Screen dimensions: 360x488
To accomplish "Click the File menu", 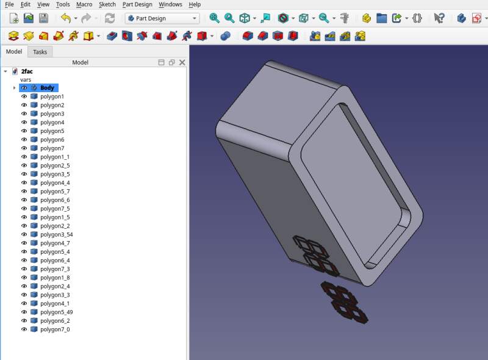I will point(9,4).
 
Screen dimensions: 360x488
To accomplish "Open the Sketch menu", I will point(107,4).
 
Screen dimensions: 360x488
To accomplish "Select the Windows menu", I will point(170,4).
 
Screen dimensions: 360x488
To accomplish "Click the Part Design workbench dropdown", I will point(162,18).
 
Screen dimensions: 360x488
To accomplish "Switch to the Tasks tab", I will point(40,52).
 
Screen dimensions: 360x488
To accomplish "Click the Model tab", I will point(14,52).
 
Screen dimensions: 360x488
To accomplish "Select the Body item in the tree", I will point(47,88).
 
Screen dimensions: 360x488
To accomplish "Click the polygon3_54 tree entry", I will point(56,235).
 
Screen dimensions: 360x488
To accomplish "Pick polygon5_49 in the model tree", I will point(56,312).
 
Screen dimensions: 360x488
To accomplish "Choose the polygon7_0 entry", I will point(55,329).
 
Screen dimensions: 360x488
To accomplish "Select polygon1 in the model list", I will point(52,96).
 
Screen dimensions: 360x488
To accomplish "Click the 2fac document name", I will point(27,71).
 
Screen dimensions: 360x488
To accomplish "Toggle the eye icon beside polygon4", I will point(24,123).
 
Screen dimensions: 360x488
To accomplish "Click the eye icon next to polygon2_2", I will point(24,226).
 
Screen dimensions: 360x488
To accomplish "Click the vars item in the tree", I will point(26,80).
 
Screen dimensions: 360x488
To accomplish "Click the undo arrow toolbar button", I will point(65,18).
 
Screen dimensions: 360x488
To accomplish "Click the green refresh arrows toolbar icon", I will point(110,18).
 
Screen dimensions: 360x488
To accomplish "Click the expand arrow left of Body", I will point(14,88).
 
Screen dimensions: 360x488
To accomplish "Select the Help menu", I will point(195,4).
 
